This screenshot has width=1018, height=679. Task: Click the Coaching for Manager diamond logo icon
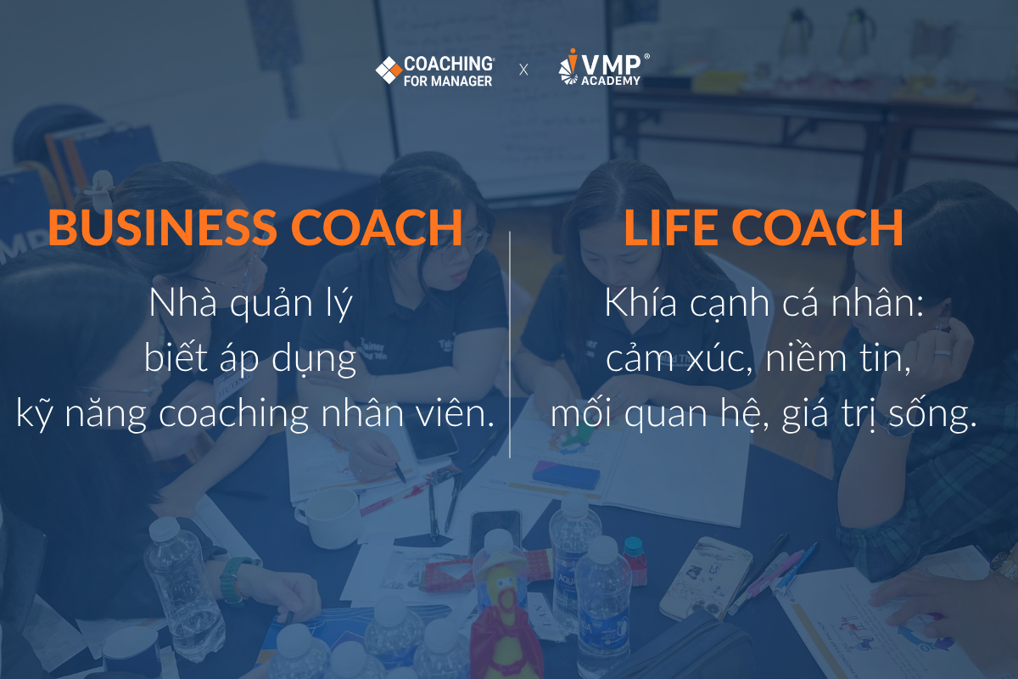click(x=389, y=70)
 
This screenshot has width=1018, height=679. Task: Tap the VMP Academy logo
click(x=603, y=67)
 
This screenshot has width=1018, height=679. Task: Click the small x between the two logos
click(x=523, y=70)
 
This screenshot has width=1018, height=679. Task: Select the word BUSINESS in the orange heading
click(x=162, y=227)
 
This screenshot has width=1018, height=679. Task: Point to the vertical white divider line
click(x=510, y=345)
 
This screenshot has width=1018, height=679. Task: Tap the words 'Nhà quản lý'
click(x=251, y=304)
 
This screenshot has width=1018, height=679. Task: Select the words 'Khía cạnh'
click(x=687, y=304)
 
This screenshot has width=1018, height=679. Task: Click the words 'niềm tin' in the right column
click(x=837, y=359)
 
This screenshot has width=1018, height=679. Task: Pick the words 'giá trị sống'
click(x=879, y=414)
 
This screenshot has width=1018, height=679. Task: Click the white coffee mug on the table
click(x=328, y=518)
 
